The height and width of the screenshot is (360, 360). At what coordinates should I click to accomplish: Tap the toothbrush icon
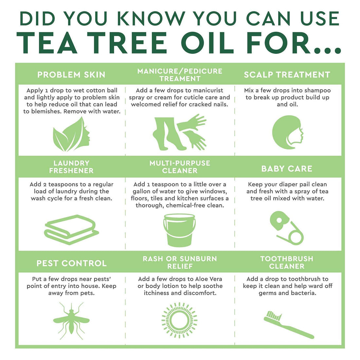click(x=288, y=324)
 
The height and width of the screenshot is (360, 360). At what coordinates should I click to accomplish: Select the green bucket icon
click(x=179, y=230)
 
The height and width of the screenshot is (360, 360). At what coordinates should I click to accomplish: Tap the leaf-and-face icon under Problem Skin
click(x=71, y=134)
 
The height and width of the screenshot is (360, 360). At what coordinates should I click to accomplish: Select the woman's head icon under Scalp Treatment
click(x=287, y=132)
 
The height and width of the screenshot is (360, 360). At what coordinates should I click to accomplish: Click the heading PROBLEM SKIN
click(x=71, y=75)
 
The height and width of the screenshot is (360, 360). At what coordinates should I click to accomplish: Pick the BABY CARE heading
click(x=287, y=169)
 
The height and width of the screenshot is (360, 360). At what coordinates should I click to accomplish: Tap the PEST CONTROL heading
click(x=71, y=263)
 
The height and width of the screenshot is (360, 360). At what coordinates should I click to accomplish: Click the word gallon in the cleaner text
click(x=142, y=191)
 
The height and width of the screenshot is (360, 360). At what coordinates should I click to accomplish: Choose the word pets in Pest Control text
click(x=87, y=293)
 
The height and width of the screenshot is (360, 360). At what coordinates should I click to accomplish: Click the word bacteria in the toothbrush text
click(x=303, y=293)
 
